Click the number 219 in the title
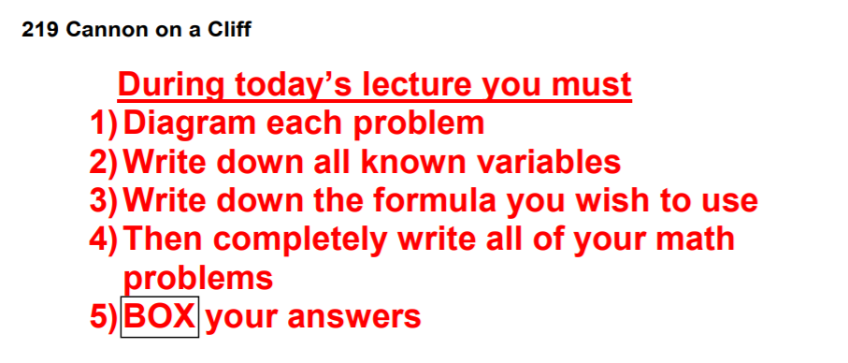pyautogui.click(x=40, y=30)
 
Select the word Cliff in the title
pyautogui.click(x=229, y=29)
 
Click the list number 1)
pyautogui.click(x=103, y=124)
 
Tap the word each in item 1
pyautogui.click(x=305, y=124)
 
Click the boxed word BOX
pyautogui.click(x=159, y=317)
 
